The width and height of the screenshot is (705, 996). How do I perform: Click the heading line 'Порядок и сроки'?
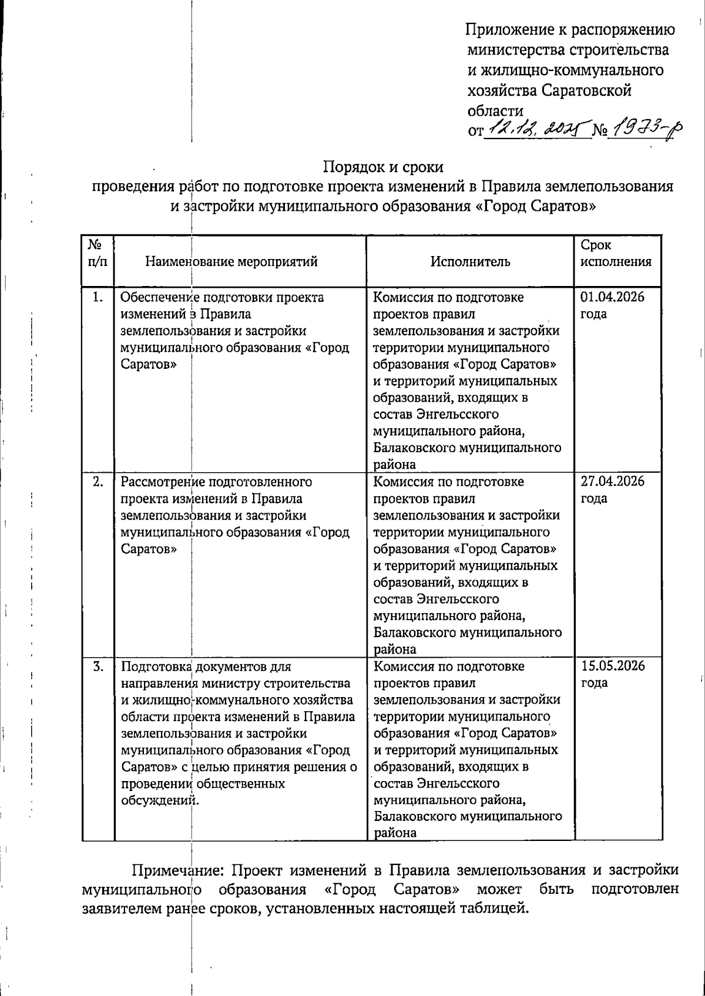click(383, 167)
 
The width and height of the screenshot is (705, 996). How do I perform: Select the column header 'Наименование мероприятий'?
click(231, 261)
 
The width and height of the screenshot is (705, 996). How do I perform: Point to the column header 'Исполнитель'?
click(470, 261)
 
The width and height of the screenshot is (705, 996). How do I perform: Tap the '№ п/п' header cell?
click(98, 253)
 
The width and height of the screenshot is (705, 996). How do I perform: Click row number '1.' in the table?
click(98, 297)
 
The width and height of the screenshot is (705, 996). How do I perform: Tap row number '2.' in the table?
click(98, 482)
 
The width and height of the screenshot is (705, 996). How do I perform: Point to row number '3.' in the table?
click(98, 667)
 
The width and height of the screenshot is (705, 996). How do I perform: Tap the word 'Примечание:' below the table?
click(176, 870)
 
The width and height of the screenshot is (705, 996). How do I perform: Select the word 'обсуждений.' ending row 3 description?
click(159, 800)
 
